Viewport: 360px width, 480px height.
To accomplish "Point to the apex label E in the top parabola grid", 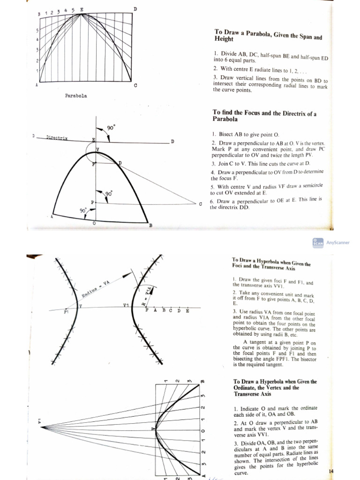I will click(82, 9).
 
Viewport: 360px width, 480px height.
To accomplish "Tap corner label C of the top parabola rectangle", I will click(135, 85).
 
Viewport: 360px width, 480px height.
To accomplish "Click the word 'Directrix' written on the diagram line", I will click(57, 138).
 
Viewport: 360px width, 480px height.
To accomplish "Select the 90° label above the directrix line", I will click(111, 127).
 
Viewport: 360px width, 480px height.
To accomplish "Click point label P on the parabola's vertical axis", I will click(92, 202).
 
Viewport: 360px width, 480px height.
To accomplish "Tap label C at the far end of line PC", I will click(200, 204).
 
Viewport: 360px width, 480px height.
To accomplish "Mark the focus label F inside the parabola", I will click(93, 164).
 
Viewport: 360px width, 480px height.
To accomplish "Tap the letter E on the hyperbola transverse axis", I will click(187, 310).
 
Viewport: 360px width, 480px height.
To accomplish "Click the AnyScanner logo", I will click(318, 242).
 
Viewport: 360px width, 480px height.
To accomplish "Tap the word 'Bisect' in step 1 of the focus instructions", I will click(228, 134).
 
